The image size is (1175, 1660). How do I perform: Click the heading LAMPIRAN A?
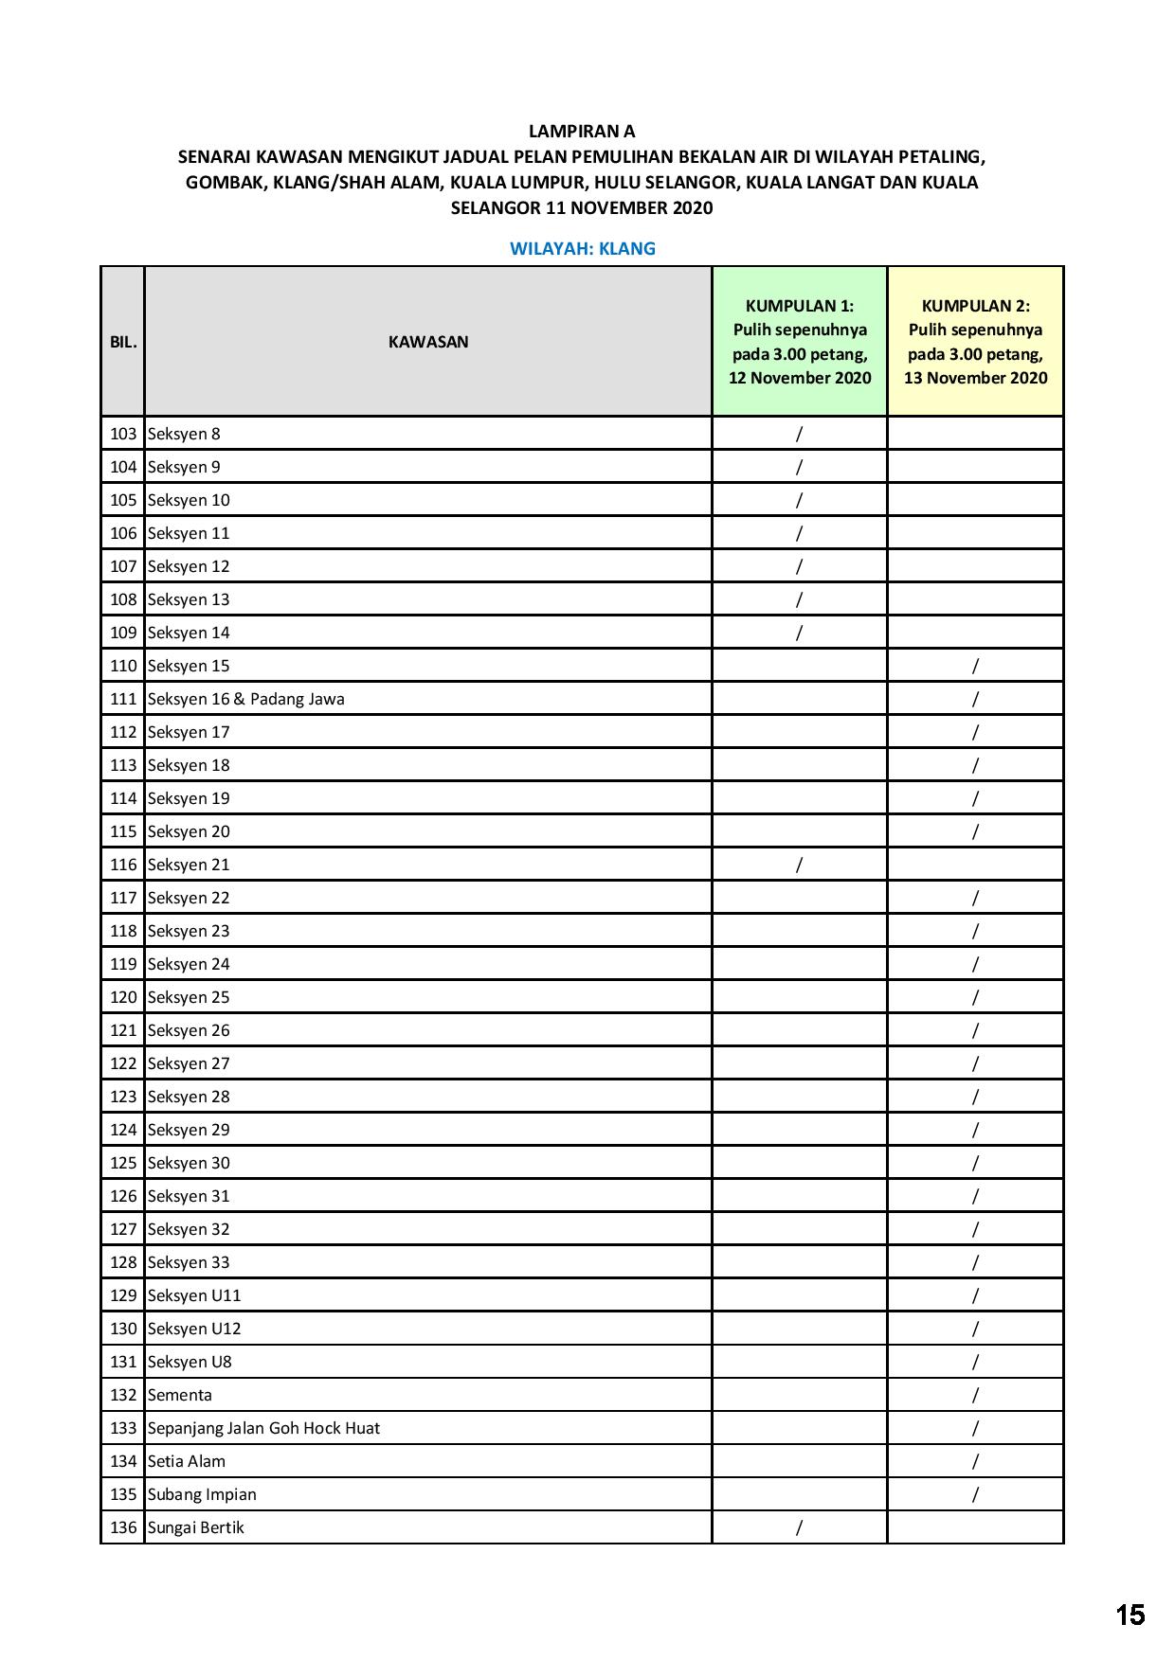click(582, 132)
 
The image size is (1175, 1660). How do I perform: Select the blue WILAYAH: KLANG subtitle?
click(582, 249)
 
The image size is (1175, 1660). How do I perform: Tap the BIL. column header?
click(123, 342)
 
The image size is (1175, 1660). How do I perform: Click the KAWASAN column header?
click(428, 342)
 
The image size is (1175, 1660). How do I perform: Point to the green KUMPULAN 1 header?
click(800, 342)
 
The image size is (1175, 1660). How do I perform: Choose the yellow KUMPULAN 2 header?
click(975, 342)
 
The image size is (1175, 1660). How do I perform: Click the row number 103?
click(123, 434)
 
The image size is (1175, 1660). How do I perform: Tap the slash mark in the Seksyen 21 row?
click(800, 865)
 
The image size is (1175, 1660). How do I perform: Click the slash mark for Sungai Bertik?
click(800, 1527)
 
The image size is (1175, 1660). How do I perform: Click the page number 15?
click(1130, 1615)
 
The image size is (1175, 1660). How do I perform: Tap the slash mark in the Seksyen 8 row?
click(800, 434)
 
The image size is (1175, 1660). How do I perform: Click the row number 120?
click(123, 997)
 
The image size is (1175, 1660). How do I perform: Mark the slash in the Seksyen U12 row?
click(975, 1329)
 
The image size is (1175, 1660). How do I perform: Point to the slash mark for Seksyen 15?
click(975, 666)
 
